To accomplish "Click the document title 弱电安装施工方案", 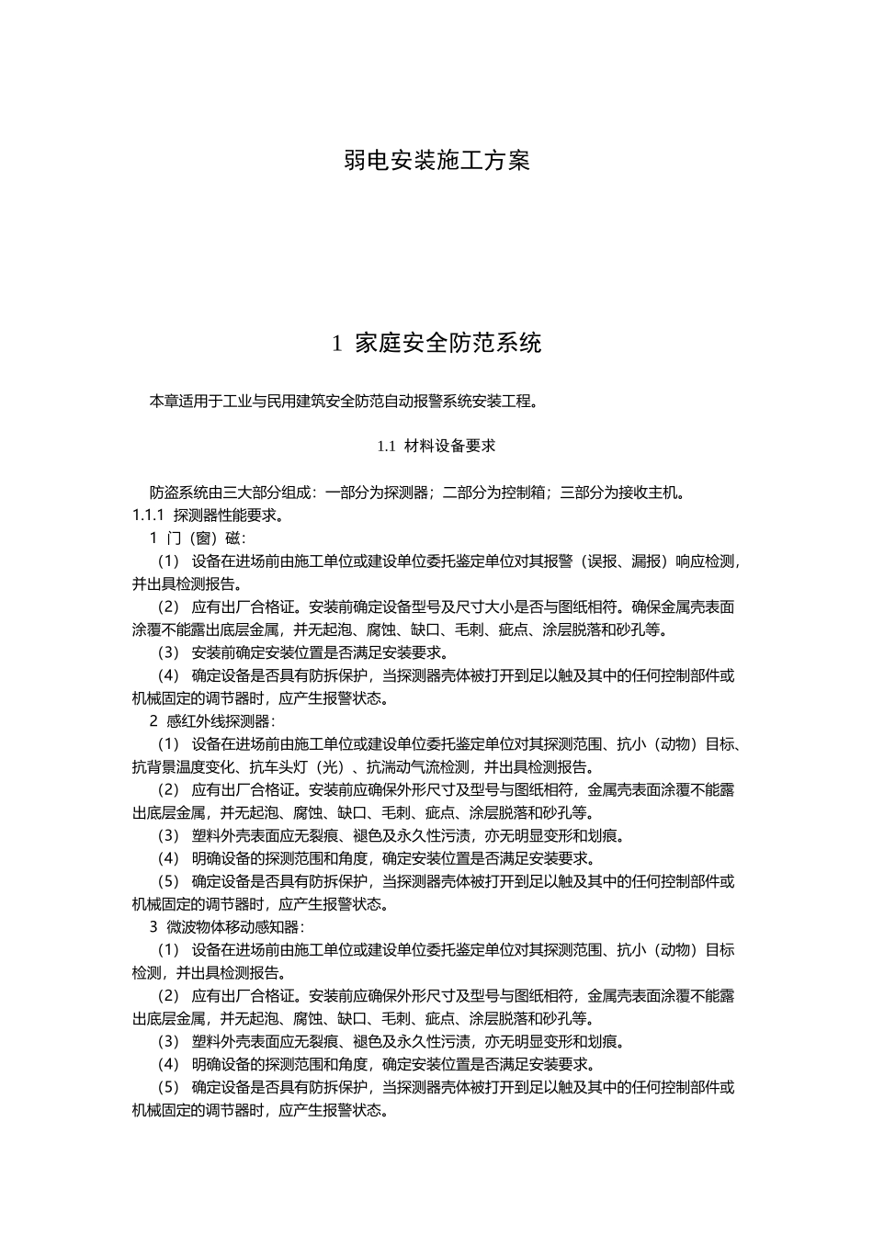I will pyautogui.click(x=436, y=161).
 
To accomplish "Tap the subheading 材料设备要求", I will pyautogui.click(x=449, y=446).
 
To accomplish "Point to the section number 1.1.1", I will pyautogui.click(x=148, y=515).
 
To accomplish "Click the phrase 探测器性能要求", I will pyautogui.click(x=226, y=515).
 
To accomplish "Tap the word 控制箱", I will pyautogui.click(x=510, y=492).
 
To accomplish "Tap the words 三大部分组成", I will pyautogui.click(x=257, y=492).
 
